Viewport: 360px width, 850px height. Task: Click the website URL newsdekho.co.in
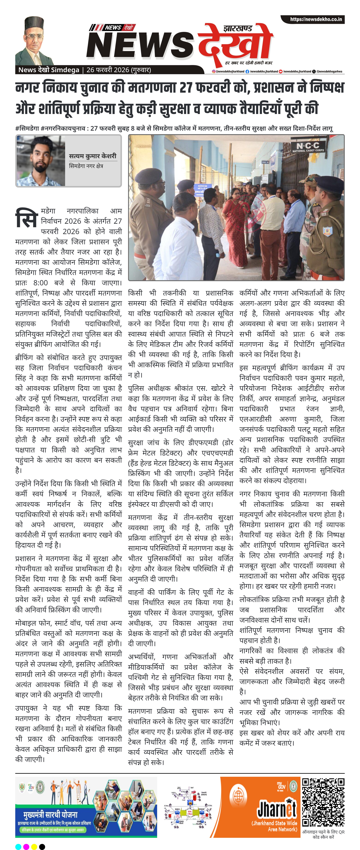click(x=316, y=20)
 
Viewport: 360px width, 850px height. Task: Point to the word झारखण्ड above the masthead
click(x=238, y=29)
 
